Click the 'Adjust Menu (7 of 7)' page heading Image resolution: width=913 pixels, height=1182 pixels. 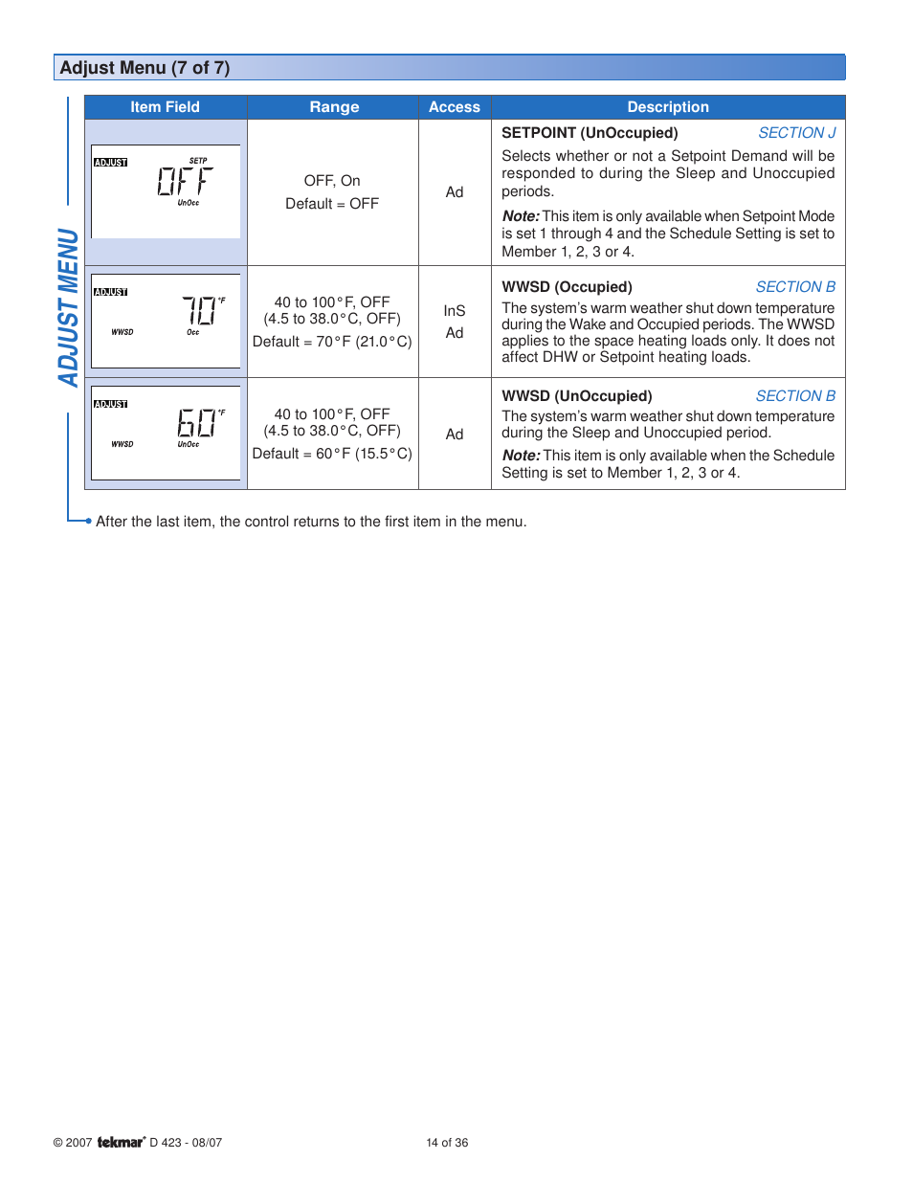[145, 68]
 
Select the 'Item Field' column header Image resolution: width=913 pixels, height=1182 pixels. [165, 107]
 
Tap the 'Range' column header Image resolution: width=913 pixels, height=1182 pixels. [334, 107]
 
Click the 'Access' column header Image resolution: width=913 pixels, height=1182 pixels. [454, 107]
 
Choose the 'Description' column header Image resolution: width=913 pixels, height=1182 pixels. [667, 107]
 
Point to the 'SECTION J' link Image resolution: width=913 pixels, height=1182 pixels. [796, 133]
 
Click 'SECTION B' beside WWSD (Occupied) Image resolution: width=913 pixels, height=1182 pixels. [795, 287]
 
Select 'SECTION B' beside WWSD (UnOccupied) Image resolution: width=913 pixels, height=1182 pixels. [795, 396]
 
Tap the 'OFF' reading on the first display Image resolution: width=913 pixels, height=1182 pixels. [185, 181]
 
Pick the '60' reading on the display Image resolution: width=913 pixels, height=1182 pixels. [197, 422]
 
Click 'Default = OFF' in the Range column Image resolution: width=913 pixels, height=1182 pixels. [332, 204]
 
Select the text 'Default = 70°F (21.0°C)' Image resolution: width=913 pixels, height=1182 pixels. [332, 342]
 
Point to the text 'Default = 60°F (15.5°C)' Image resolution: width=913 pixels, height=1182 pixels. [332, 454]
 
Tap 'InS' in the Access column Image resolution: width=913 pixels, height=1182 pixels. [454, 311]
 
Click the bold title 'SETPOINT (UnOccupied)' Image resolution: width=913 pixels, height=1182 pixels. [590, 133]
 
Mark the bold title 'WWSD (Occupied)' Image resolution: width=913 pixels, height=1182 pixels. [567, 287]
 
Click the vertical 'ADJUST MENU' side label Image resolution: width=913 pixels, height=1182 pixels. [68, 307]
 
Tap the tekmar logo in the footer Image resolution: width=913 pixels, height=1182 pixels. [121, 1142]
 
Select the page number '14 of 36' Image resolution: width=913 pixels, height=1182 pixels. [447, 1143]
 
